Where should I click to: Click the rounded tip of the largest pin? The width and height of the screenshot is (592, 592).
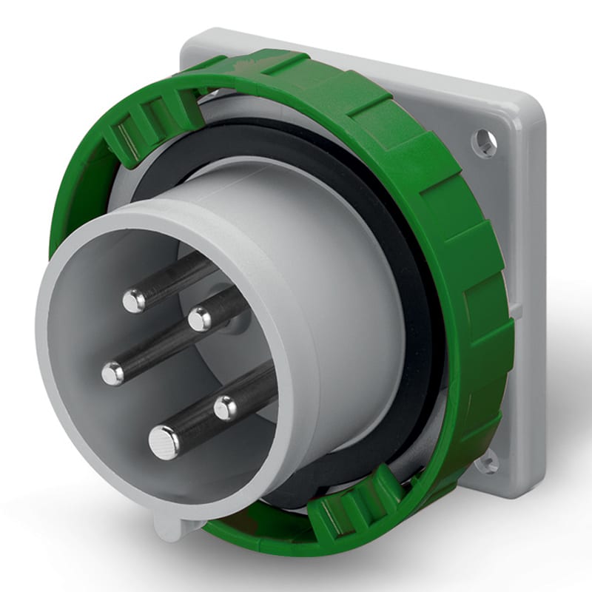click(x=164, y=443)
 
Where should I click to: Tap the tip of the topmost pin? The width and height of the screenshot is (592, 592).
click(x=134, y=300)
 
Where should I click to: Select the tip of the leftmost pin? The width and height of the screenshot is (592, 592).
click(x=112, y=374)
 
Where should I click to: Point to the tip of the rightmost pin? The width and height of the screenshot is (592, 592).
click(x=225, y=406)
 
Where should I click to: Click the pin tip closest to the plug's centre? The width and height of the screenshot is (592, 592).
click(x=199, y=320)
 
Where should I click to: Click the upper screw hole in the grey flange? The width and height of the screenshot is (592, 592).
click(x=484, y=141)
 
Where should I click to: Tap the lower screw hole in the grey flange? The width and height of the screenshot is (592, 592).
click(x=487, y=464)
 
